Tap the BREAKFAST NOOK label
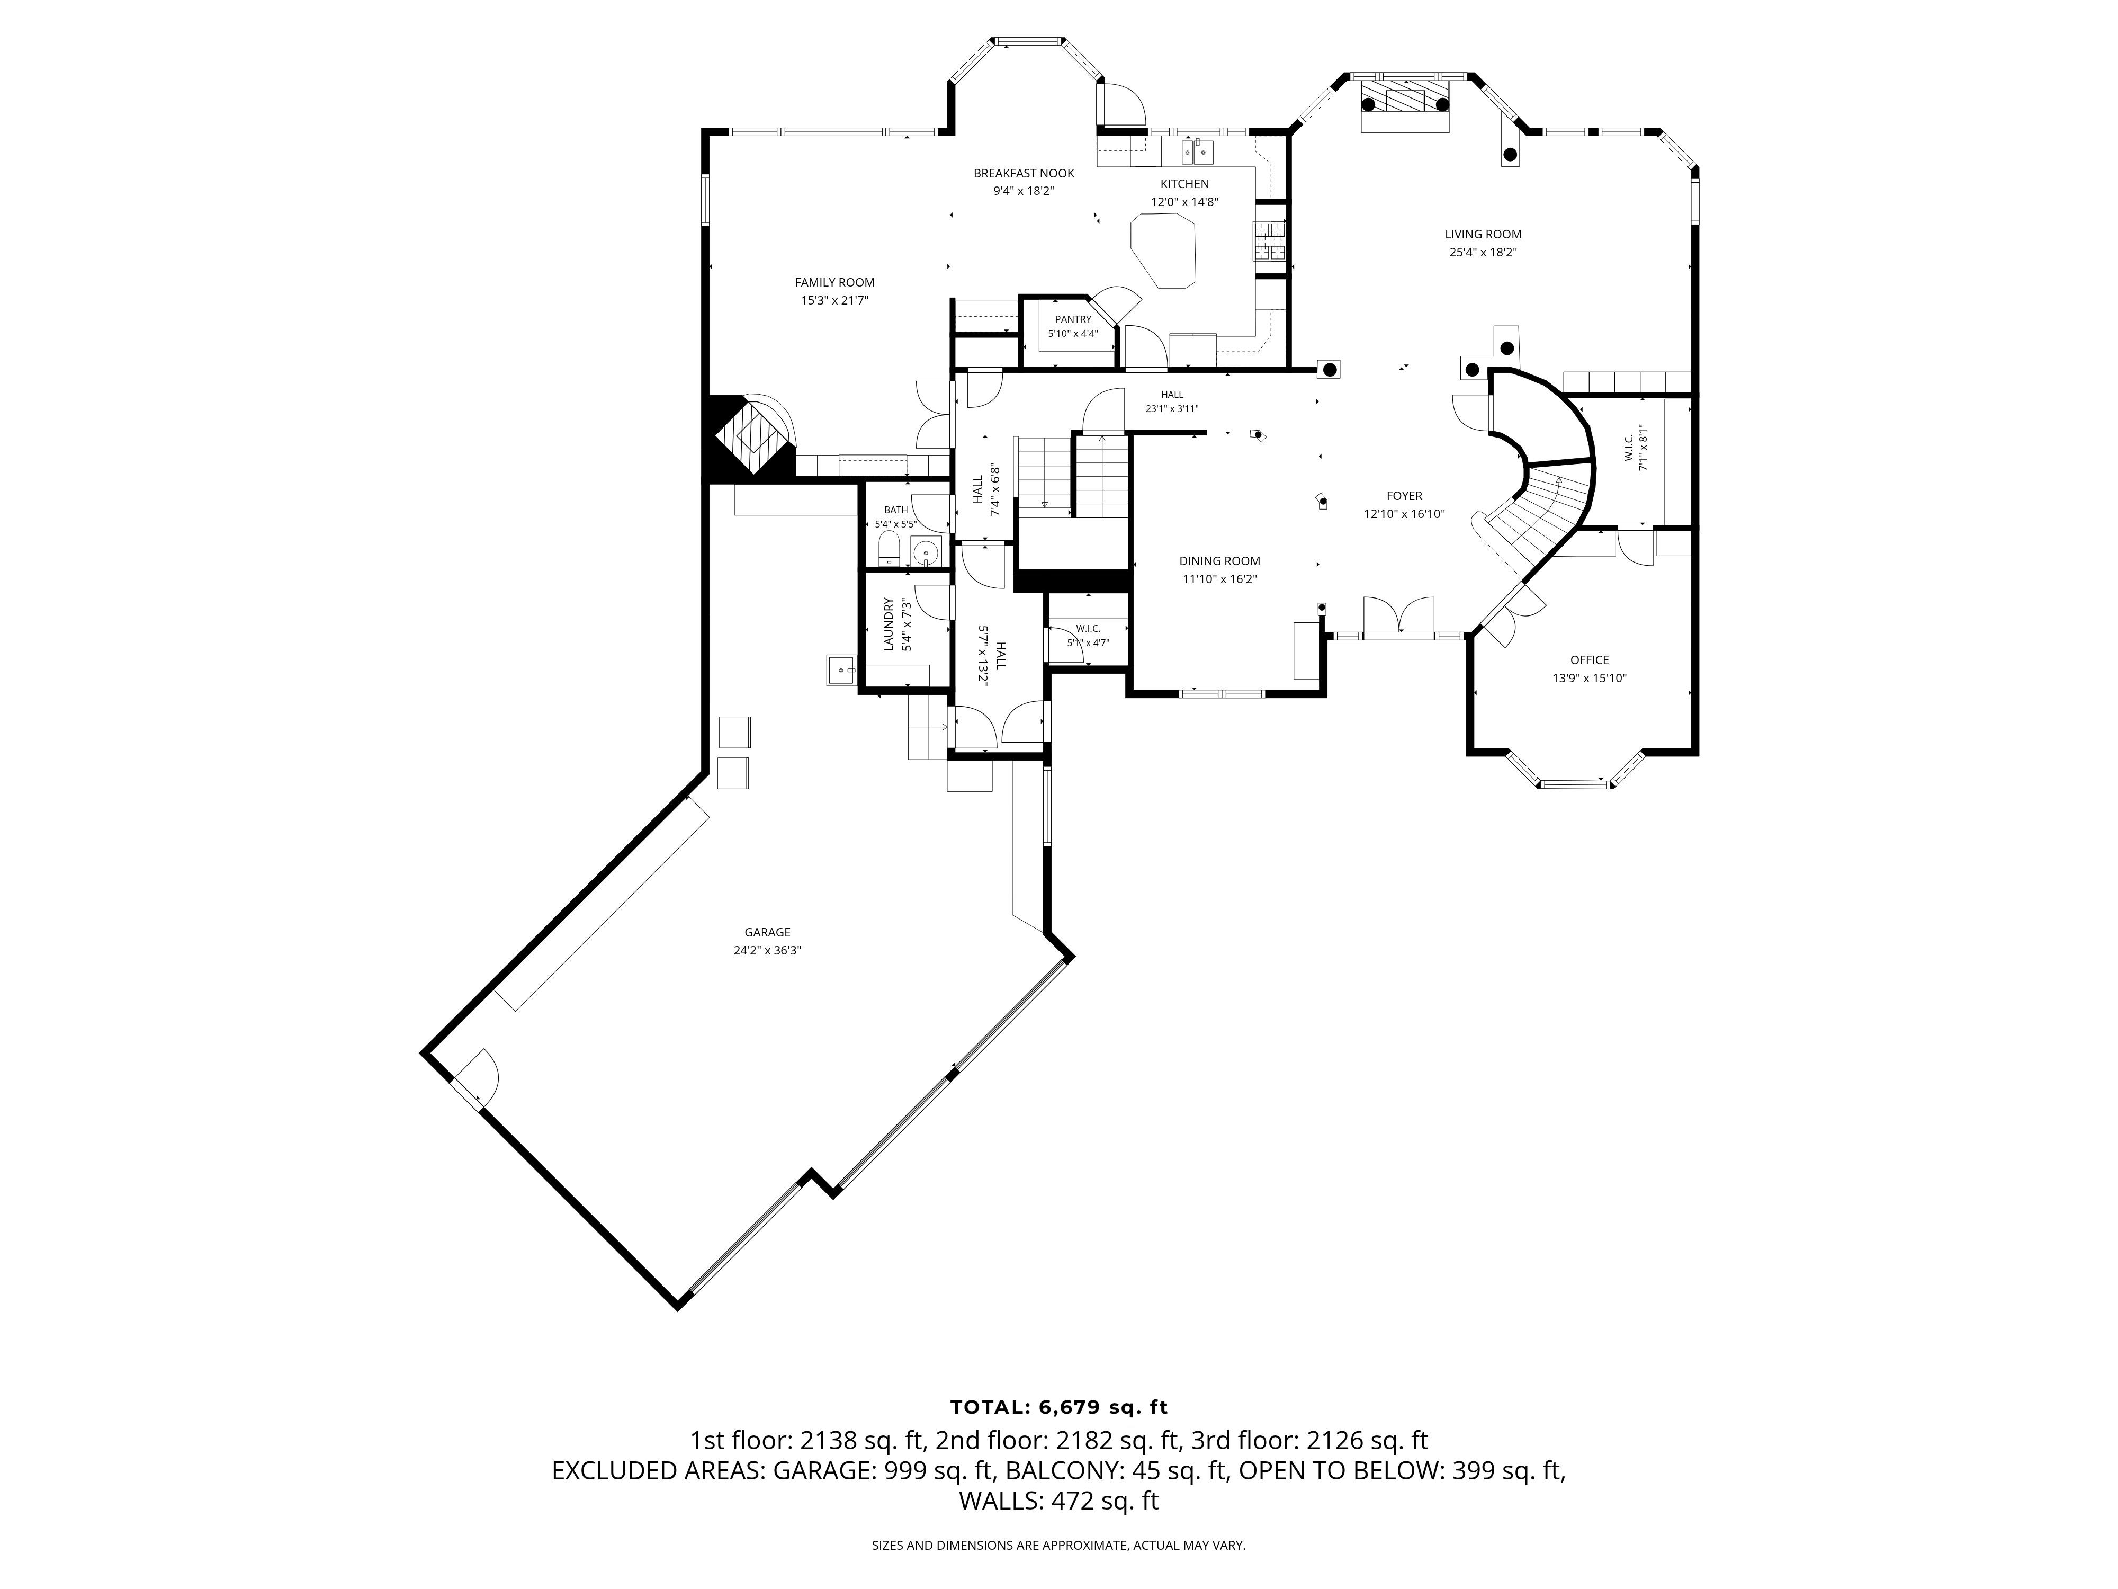pyautogui.click(x=1024, y=173)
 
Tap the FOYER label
pyautogui.click(x=1404, y=496)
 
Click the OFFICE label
pyautogui.click(x=1590, y=660)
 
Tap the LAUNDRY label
pyautogui.click(x=889, y=624)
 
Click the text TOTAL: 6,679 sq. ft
pyautogui.click(x=1059, y=1407)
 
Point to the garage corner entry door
pyautogui.click(x=473, y=1077)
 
